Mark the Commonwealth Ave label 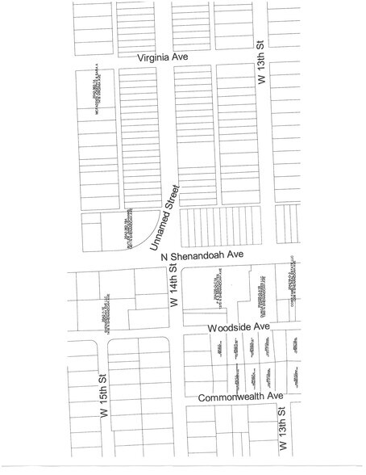click(241, 397)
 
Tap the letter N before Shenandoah click(164, 258)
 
